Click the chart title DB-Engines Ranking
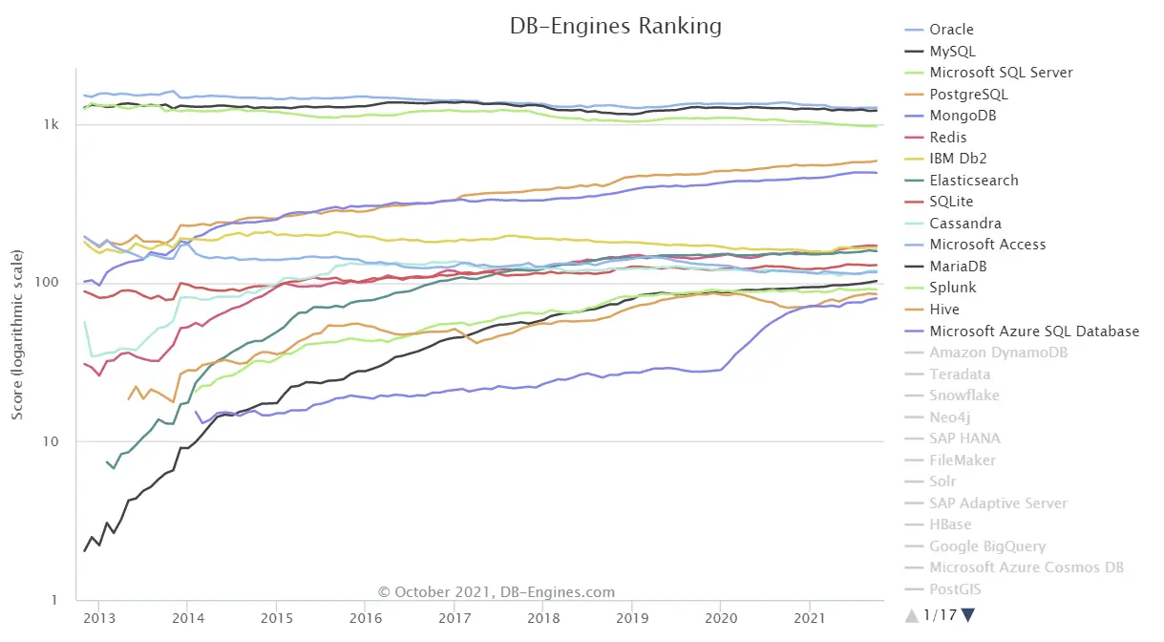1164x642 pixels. point(615,26)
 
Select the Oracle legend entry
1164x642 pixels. point(951,29)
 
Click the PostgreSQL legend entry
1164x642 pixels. point(968,94)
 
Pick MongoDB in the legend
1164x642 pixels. point(963,116)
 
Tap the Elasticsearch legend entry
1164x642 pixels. point(974,180)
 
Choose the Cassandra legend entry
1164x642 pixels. point(966,223)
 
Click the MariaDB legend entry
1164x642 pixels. point(961,266)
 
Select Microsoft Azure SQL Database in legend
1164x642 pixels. point(1034,331)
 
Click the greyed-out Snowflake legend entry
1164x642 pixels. point(964,396)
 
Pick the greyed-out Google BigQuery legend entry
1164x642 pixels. point(987,546)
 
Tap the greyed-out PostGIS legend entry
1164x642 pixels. point(955,589)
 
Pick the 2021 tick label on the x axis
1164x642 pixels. point(809,619)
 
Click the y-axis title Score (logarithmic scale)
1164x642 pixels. point(17,334)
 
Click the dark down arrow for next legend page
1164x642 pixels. point(968,614)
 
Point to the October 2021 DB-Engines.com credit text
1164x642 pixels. point(497,592)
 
